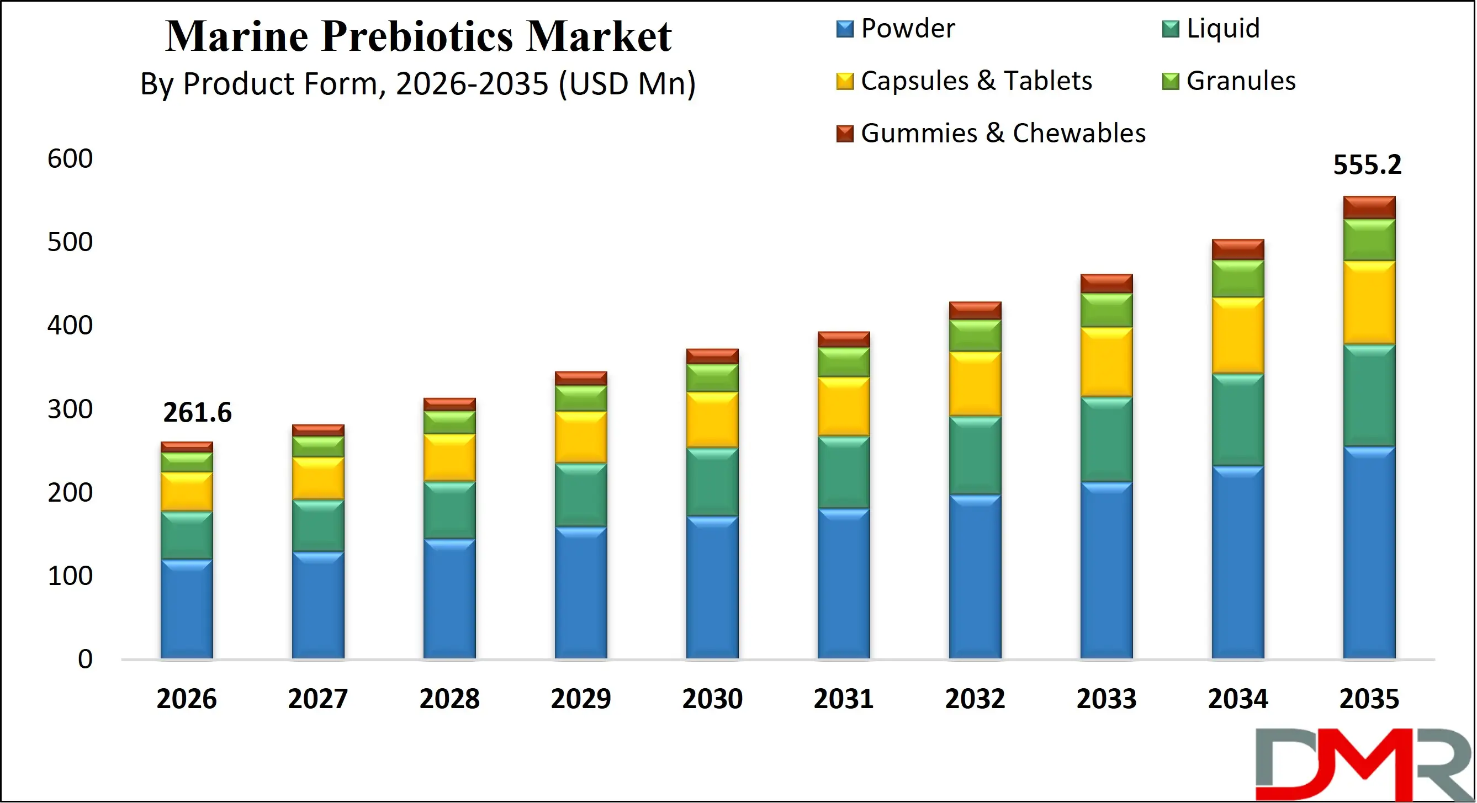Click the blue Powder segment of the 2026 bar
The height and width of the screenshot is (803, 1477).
[186, 609]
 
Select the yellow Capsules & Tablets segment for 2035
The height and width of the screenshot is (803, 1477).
[1369, 302]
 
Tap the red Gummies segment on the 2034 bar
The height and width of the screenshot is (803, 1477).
[1237, 249]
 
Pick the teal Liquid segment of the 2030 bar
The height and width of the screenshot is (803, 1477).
[712, 481]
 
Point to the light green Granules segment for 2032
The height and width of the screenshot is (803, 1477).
[975, 336]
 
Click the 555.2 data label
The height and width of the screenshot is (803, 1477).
[1367, 165]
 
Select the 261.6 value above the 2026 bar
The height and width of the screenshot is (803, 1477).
[197, 413]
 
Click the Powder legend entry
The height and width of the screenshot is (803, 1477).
[907, 29]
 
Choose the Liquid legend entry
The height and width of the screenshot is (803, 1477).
[1222, 29]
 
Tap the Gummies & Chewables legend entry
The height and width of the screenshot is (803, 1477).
[1002, 133]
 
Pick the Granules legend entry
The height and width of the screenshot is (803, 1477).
[1240, 81]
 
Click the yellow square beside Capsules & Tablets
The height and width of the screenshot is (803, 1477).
[845, 81]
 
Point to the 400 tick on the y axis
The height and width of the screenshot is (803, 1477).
[70, 326]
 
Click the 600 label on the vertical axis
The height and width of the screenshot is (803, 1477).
[70, 159]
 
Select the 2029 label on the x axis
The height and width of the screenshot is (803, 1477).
[580, 699]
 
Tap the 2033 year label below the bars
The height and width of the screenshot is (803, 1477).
[1106, 699]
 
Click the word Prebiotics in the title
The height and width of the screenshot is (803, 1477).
[417, 36]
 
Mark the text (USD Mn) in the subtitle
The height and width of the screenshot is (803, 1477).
[627, 84]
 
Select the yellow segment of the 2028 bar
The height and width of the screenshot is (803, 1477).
[449, 458]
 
